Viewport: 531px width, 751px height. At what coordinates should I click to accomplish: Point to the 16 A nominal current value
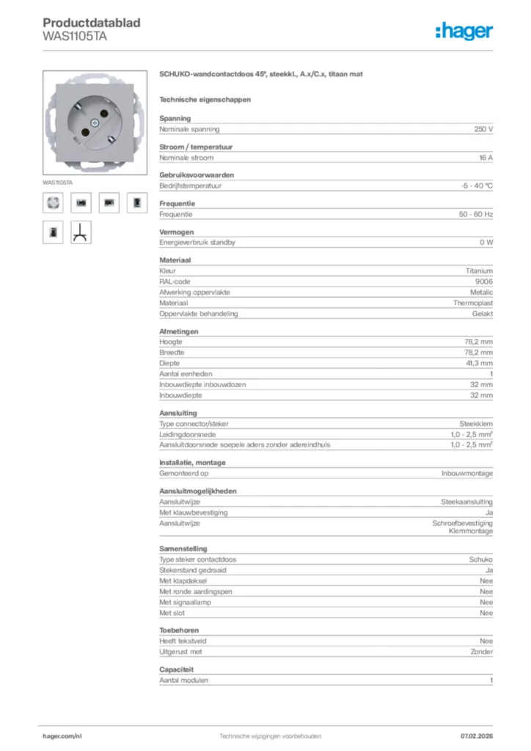click(486, 158)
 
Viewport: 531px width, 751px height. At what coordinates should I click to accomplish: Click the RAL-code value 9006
click(483, 281)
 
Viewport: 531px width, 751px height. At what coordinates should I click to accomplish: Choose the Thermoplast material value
click(473, 303)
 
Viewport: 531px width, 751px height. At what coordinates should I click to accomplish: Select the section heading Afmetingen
click(179, 331)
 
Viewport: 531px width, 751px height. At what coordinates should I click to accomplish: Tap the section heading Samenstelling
click(183, 549)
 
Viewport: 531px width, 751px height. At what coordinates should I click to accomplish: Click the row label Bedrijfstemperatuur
click(191, 186)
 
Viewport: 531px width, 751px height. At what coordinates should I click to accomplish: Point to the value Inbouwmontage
click(467, 474)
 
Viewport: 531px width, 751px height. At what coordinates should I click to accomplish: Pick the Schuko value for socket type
click(481, 560)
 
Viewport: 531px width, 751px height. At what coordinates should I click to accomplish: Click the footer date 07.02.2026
click(476, 736)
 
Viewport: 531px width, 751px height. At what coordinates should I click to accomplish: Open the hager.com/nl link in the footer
click(62, 736)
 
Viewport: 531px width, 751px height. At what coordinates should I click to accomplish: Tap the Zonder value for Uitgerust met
click(481, 652)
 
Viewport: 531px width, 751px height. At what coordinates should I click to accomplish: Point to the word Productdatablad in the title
click(92, 23)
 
